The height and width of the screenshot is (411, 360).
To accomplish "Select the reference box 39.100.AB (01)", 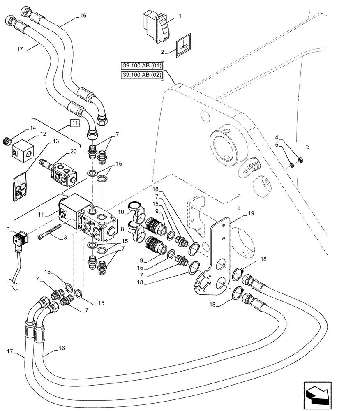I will pos(142,66).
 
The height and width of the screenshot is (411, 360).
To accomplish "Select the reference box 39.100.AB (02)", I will pos(142,75).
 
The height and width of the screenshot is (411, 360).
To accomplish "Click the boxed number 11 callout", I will pos(74,123).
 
